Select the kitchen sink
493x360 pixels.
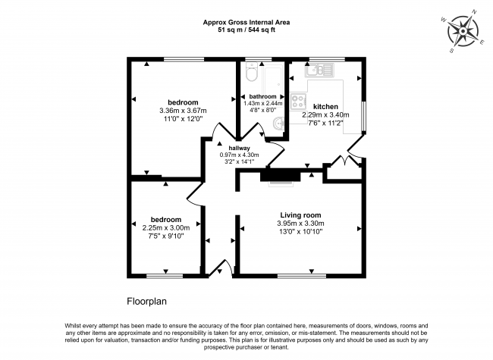pos(318,70)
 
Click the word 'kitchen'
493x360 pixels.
pos(325,107)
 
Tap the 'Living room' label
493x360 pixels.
pos(300,215)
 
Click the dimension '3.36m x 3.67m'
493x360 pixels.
pos(182,111)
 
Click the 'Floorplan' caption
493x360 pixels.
pos(145,299)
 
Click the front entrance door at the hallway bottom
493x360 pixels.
pos(221,268)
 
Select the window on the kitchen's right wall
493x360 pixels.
pos(363,114)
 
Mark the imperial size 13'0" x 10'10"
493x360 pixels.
pos(301,233)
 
